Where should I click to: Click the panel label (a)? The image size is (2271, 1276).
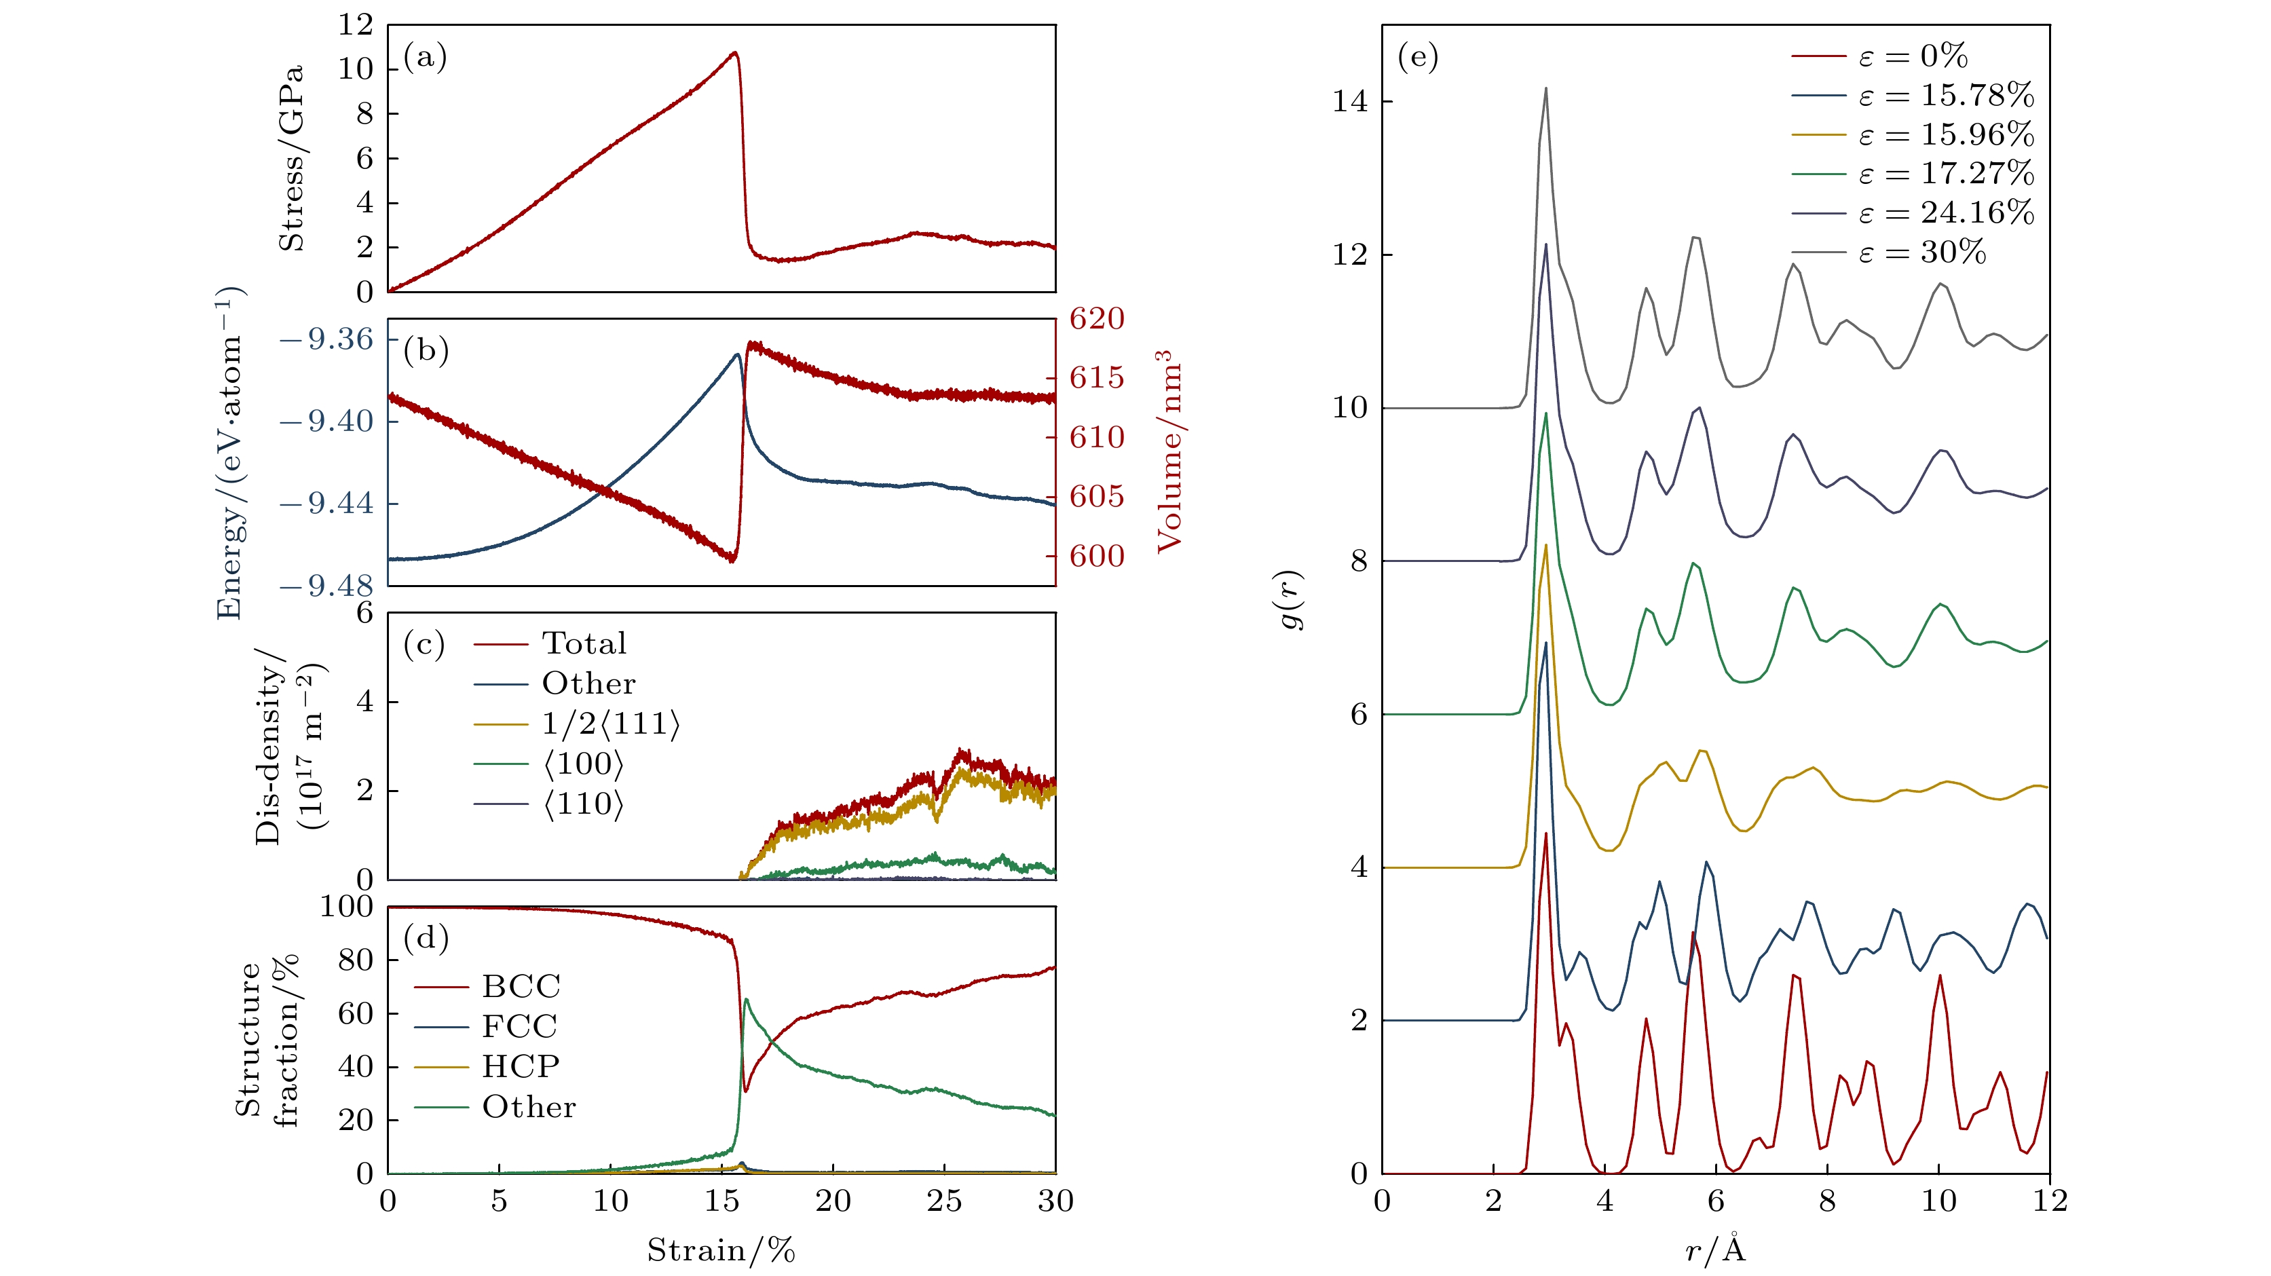point(425,58)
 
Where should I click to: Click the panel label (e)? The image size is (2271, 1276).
point(1418,58)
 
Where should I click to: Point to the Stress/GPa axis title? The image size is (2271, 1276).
point(291,158)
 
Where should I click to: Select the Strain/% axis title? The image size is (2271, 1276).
point(721,1250)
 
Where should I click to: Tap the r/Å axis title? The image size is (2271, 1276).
point(1714,1250)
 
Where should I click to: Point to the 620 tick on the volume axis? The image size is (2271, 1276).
point(1097,318)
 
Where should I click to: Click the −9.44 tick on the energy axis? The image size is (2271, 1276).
point(327,504)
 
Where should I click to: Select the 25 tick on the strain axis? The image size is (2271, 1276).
point(944,1201)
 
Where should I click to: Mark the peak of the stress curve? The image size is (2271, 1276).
point(734,53)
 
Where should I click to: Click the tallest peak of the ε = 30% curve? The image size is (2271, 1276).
point(1545,88)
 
